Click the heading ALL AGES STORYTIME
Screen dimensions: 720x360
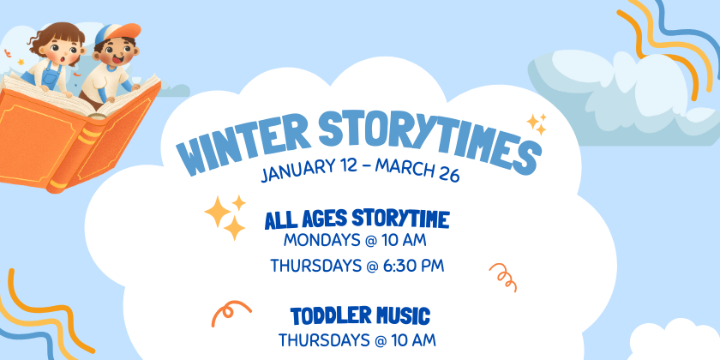point(357,219)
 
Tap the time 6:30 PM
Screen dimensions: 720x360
point(413,266)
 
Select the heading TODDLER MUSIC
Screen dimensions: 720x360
point(360,315)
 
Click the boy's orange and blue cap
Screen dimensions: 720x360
point(118,33)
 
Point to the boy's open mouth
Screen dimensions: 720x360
point(117,60)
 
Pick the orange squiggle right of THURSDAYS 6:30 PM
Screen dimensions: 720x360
point(504,277)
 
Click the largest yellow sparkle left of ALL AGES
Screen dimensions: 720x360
point(218,212)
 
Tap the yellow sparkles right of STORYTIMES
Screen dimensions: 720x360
point(537,123)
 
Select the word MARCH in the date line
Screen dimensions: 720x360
point(404,168)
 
